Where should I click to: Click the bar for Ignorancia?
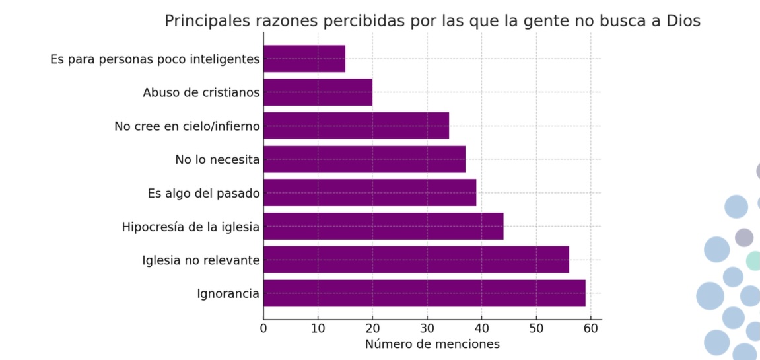424,293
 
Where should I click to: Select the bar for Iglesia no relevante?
416,260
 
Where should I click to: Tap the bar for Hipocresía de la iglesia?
383,226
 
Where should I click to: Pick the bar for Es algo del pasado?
370,193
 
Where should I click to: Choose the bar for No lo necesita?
364,159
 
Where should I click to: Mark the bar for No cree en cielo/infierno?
356,126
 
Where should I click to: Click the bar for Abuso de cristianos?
318,92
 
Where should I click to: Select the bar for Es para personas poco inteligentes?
304,59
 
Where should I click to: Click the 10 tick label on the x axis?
318,328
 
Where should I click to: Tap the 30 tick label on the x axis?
427,328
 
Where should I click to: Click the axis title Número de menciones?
432,344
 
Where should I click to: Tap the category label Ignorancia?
228,294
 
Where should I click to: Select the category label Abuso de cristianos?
201,92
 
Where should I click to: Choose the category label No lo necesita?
217,159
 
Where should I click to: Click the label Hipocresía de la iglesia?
190,227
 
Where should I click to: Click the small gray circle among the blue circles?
744,237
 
